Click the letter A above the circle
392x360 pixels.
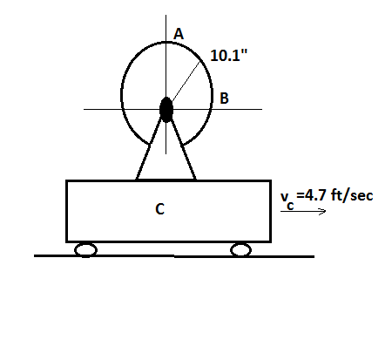coord(179,34)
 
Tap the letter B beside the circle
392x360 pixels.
coord(224,98)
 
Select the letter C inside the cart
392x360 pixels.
coord(159,209)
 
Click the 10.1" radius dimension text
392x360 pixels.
coord(228,56)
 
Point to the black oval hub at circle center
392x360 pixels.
coord(166,110)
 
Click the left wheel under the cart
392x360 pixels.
coord(85,250)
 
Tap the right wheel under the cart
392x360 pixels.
coord(240,250)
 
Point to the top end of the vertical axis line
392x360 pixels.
coord(166,16)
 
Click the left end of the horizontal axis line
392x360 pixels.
coord(85,109)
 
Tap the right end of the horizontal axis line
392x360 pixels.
coord(260,109)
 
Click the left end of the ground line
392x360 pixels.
coord(36,256)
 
